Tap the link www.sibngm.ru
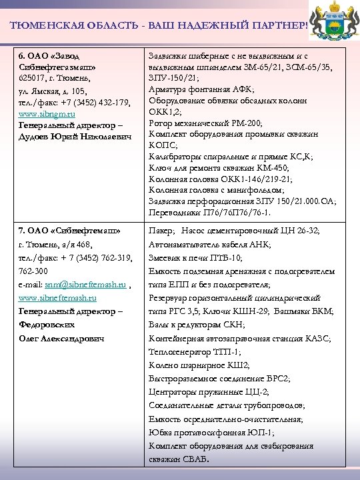pos(47,113)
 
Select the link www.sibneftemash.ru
pos(57,298)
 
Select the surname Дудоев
pos(35,136)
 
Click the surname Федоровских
pos(46,325)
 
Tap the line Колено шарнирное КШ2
pos(190,365)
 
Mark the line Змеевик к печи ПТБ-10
pos(195,257)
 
